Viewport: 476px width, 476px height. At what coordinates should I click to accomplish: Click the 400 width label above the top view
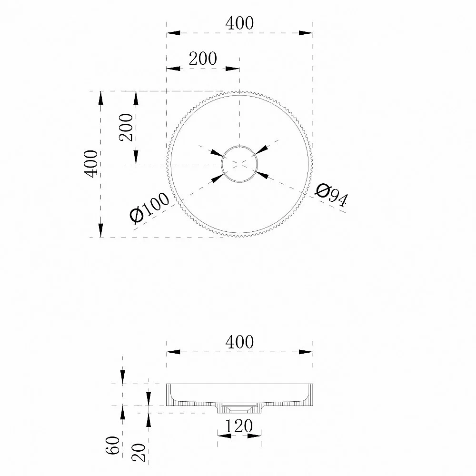click(239, 23)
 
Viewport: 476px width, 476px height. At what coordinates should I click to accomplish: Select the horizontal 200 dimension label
click(203, 59)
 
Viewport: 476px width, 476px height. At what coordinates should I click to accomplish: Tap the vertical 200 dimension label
click(126, 127)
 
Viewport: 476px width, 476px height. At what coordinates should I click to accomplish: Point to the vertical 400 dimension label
click(91, 164)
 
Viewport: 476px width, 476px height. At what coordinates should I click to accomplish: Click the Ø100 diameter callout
click(149, 208)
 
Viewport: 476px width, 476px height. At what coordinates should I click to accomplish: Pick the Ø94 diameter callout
click(331, 195)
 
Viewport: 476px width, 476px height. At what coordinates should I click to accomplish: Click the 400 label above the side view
click(239, 342)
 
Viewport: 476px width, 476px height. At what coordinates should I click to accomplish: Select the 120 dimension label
click(239, 426)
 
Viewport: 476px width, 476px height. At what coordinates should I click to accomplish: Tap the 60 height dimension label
click(113, 445)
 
